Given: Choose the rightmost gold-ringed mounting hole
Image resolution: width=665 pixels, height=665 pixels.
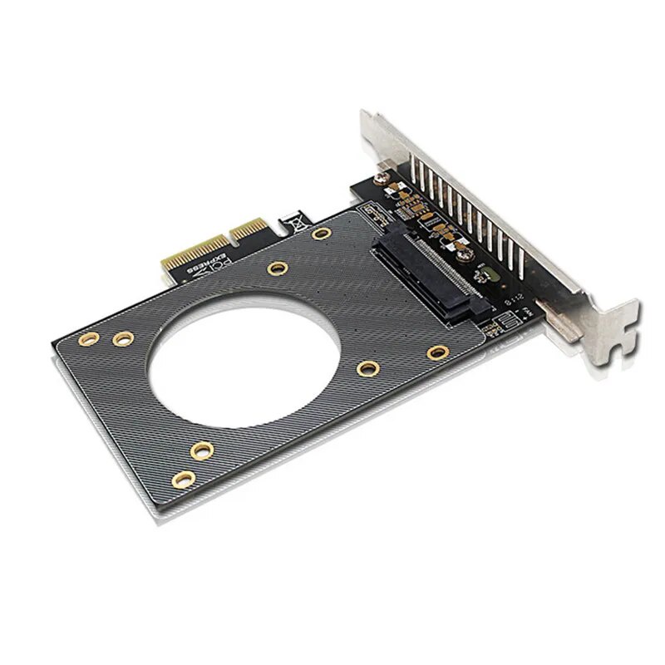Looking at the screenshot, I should pos(433,352).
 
